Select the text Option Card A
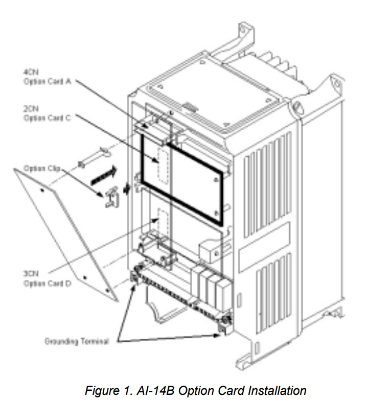[47, 81]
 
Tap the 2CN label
[29, 109]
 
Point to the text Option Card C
[47, 118]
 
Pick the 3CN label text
[29, 274]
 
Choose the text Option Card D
[47, 283]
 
